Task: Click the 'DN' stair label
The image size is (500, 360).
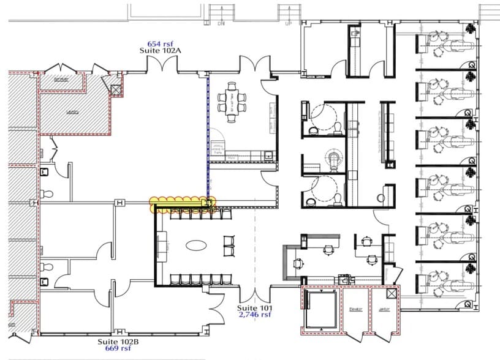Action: (x=221, y=24)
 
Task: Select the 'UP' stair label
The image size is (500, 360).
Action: (x=289, y=24)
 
